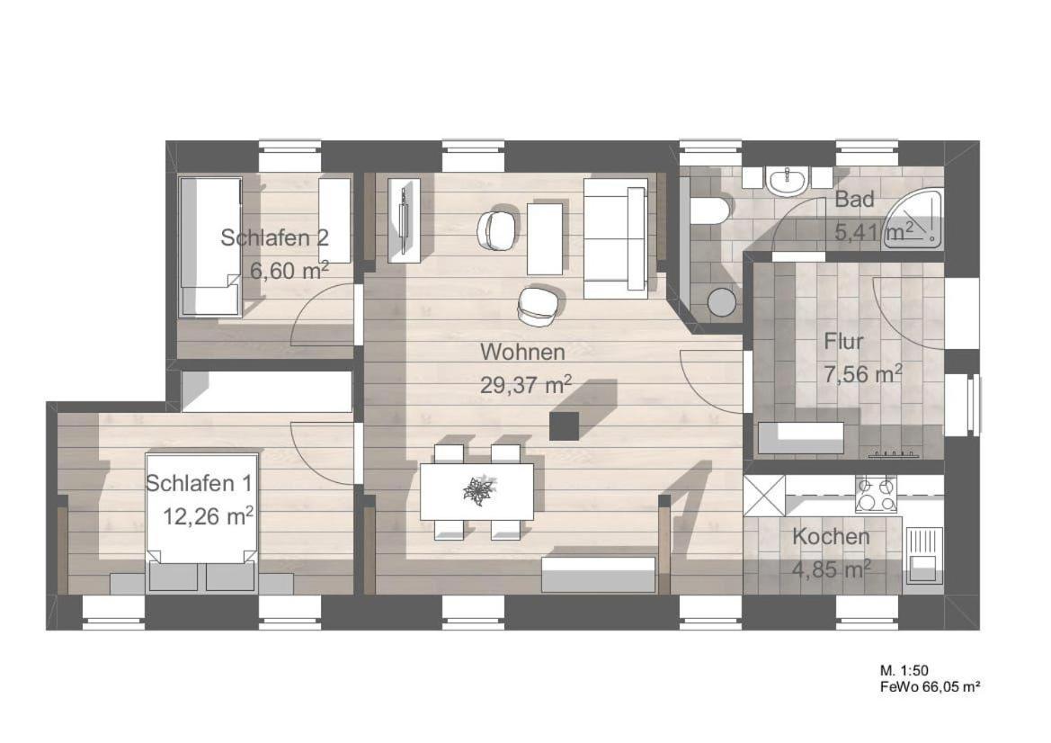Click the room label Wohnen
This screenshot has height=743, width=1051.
point(522,352)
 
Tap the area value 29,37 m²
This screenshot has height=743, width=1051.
point(526,384)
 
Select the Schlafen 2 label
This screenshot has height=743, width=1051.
point(275,237)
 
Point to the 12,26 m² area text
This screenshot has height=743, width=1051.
point(209,516)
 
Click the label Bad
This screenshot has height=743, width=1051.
point(855,199)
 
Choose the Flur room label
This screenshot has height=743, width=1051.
point(843,341)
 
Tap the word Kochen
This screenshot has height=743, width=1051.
point(831,536)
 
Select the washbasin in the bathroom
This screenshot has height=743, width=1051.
point(788,182)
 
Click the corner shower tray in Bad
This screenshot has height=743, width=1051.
point(916,221)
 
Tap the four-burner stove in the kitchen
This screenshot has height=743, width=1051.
point(876,494)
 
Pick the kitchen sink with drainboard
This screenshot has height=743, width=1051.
point(923,555)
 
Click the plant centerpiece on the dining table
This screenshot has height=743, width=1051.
point(479,490)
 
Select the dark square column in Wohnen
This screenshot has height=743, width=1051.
point(564,425)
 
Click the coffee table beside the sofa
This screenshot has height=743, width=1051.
point(544,238)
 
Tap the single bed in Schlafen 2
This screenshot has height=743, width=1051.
point(210,246)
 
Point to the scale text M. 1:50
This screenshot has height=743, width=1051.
point(904,670)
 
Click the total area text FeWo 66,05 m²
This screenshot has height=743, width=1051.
point(931,686)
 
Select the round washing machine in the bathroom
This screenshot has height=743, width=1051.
point(722,301)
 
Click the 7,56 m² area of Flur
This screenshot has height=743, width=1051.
point(863,374)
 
